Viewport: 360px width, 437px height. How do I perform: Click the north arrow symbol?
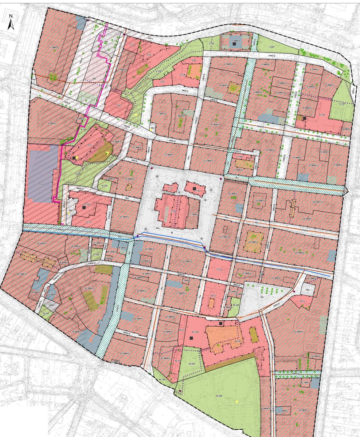(11, 22)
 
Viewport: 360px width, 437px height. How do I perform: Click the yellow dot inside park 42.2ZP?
(237, 402)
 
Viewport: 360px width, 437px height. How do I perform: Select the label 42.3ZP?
(192, 364)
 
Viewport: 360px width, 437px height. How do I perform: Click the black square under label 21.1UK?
(84, 208)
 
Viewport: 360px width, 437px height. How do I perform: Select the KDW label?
(51, 305)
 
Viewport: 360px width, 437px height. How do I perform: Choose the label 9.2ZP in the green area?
(77, 174)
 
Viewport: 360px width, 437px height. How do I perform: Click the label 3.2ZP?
(271, 47)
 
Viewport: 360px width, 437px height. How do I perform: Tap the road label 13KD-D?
(270, 55)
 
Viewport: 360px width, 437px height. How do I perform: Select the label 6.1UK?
(322, 115)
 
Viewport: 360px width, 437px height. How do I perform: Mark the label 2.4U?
(119, 105)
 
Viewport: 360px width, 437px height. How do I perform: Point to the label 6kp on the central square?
(158, 228)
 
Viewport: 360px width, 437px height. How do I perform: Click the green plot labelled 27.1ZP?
(96, 255)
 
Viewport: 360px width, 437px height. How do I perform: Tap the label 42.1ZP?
(162, 379)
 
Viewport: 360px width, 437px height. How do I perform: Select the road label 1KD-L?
(149, 38)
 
